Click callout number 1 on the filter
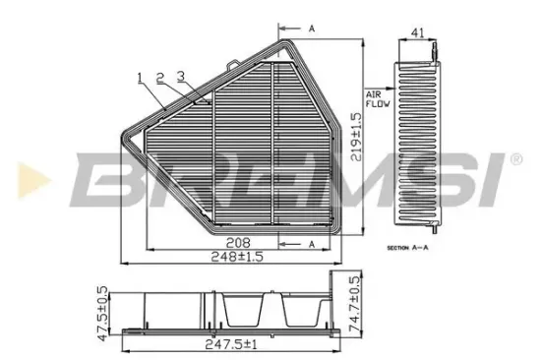tap(141, 75)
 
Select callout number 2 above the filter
tap(159, 75)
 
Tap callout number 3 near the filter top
tap(180, 75)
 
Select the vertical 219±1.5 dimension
tap(357, 138)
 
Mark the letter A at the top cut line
tap(311, 29)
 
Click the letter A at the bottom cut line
tap(311, 242)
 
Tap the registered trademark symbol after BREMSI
tap(514, 157)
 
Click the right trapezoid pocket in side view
tap(297, 312)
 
